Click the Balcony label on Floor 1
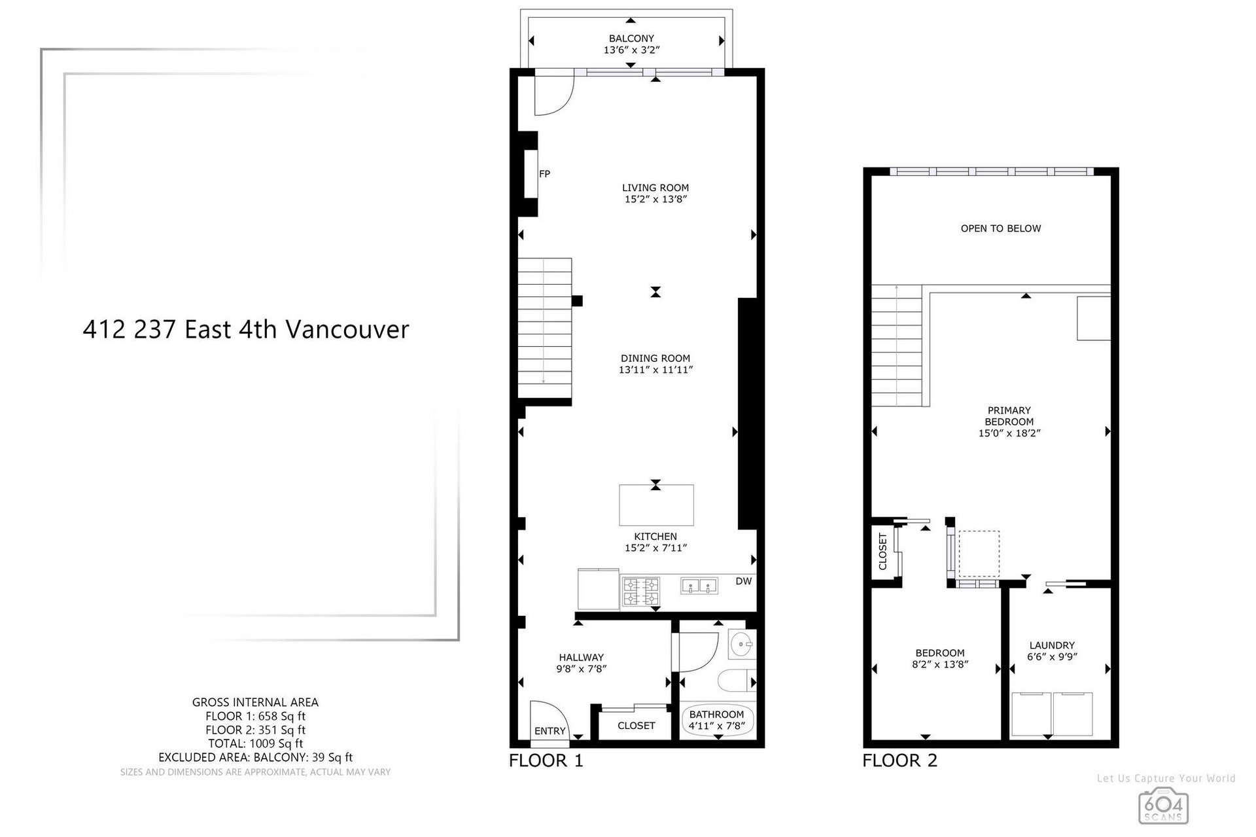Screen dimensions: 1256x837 click(x=631, y=39)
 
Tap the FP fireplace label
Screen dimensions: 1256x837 click(x=544, y=174)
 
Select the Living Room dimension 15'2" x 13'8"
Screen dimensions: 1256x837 click(x=655, y=200)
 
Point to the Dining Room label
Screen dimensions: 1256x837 click(x=655, y=358)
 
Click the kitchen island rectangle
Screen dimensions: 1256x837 click(x=657, y=505)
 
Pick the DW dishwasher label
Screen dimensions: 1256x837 click(x=744, y=581)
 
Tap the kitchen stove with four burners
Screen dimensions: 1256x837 click(x=640, y=591)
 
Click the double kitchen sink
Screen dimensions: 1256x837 click(x=699, y=585)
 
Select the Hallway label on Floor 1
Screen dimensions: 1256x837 click(x=581, y=658)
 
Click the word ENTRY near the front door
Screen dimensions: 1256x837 click(x=550, y=731)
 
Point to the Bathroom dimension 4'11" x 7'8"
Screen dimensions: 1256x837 click(x=717, y=726)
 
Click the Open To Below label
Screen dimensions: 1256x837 click(x=1001, y=228)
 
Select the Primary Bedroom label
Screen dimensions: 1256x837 click(x=1009, y=416)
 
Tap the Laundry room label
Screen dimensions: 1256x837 click(x=1052, y=645)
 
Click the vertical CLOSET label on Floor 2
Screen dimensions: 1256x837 click(x=882, y=552)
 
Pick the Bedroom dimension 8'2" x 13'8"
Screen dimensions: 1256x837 click(x=940, y=664)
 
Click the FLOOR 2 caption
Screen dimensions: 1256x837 click(x=899, y=760)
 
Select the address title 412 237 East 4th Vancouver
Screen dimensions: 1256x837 click(x=246, y=329)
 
